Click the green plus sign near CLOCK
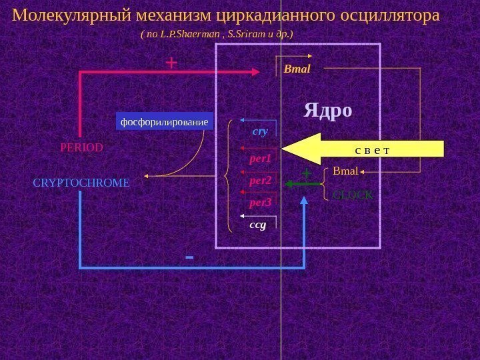[x=307, y=173]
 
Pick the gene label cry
[x=260, y=131]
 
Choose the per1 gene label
[x=257, y=160]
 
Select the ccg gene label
[x=257, y=225]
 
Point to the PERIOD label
[x=81, y=147]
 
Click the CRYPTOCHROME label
[x=81, y=181]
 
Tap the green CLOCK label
[x=353, y=195]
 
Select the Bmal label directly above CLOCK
[x=345, y=172]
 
